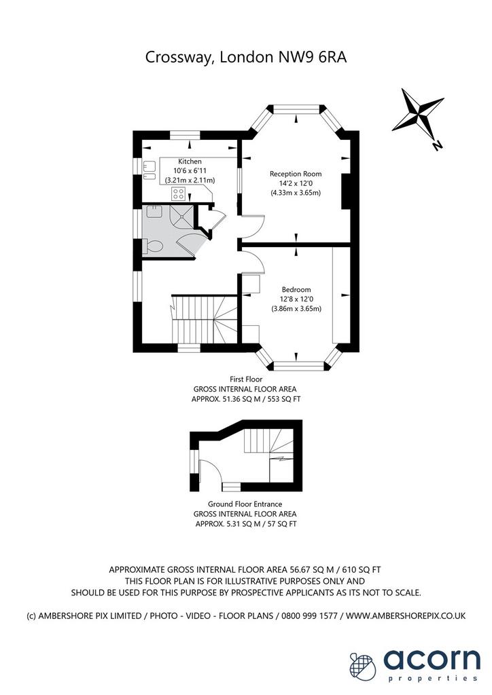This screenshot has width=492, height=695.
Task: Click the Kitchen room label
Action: coord(190,162)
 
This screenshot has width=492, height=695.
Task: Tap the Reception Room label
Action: coord(296,174)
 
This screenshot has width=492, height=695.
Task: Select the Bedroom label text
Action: coord(296,289)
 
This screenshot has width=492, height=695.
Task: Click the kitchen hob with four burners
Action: coord(178,193)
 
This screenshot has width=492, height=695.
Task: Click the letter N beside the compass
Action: coord(438,145)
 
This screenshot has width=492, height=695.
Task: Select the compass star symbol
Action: coord(418,113)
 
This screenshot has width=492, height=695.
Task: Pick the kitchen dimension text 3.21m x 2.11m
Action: coord(190,181)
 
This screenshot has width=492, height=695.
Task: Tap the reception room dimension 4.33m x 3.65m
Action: coord(296,193)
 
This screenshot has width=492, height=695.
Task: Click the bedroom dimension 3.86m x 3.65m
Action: coord(296,309)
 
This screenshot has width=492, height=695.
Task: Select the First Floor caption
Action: coord(246,379)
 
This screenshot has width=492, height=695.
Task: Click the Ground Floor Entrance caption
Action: coord(245,504)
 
